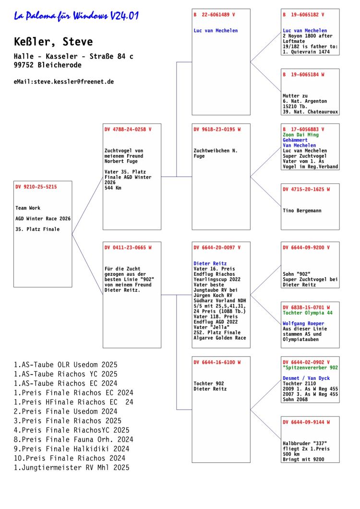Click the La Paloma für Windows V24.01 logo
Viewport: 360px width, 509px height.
click(x=76, y=15)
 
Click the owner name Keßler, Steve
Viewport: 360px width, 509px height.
click(x=53, y=42)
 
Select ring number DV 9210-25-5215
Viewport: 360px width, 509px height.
click(x=36, y=187)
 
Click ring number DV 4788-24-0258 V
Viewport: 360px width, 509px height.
click(x=128, y=129)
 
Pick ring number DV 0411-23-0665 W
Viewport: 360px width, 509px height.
click(x=128, y=248)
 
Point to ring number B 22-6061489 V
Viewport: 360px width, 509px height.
click(x=214, y=14)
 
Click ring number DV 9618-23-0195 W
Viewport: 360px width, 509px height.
click(x=217, y=129)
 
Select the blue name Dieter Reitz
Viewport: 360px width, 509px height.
click(x=210, y=263)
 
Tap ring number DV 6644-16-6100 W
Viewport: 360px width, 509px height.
click(x=217, y=362)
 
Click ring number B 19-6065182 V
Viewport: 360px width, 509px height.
click(x=303, y=14)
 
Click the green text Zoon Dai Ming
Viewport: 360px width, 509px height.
click(x=300, y=135)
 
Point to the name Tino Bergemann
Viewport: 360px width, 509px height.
click(x=302, y=211)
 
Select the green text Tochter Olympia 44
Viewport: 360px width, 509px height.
click(x=308, y=313)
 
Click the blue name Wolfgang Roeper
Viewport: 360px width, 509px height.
click(x=303, y=324)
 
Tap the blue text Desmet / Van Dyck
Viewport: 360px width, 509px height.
click(x=306, y=378)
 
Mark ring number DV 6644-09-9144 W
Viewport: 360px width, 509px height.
click(x=306, y=422)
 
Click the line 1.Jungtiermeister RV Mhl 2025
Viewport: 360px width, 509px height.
click(x=72, y=468)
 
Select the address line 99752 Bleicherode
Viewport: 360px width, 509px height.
click(x=48, y=65)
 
